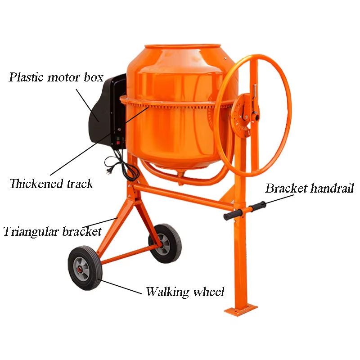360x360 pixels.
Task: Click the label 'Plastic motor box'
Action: coord(56,77)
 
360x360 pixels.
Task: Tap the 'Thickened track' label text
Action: coord(51,184)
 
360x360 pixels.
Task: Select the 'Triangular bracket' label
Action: coord(52,232)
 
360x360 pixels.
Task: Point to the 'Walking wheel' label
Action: coord(185,292)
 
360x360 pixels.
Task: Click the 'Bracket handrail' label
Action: coord(310,188)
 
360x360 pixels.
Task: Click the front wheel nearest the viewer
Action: coord(85,268)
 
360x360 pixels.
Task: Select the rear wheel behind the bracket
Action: coord(165,243)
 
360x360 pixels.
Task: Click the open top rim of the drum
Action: coord(183,46)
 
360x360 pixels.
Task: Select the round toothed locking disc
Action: coord(243,113)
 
